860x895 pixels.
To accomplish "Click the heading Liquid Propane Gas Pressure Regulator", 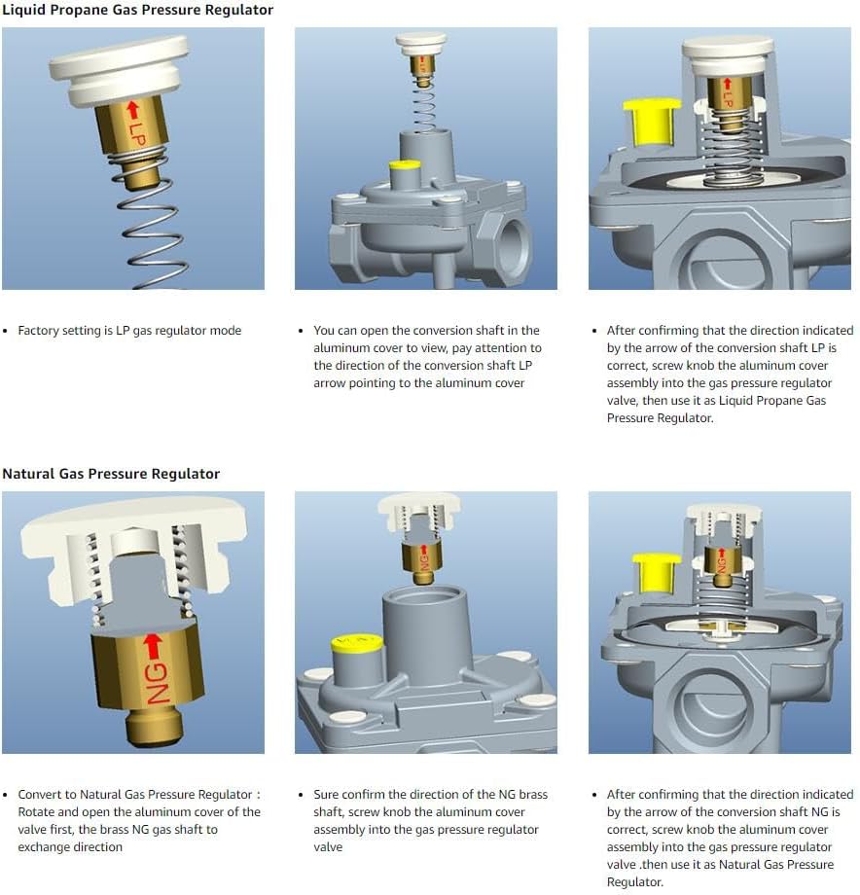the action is coord(137,11).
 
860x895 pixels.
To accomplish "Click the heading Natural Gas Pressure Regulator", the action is coord(111,474).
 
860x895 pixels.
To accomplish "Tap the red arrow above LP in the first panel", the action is coord(133,111).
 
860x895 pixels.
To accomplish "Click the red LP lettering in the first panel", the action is coord(137,134).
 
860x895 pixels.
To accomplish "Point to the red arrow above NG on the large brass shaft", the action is coord(153,646).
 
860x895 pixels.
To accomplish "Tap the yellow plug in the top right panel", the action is coord(651,123).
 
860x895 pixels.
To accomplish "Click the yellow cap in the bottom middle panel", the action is coord(357,644).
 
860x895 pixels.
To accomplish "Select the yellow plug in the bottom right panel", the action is coord(657,572).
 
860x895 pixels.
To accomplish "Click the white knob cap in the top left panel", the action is coord(120,70).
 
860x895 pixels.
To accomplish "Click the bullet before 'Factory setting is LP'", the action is coord(6,331).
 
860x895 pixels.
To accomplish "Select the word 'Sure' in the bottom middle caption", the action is coord(325,795).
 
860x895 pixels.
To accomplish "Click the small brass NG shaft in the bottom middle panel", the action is coord(423,562).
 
